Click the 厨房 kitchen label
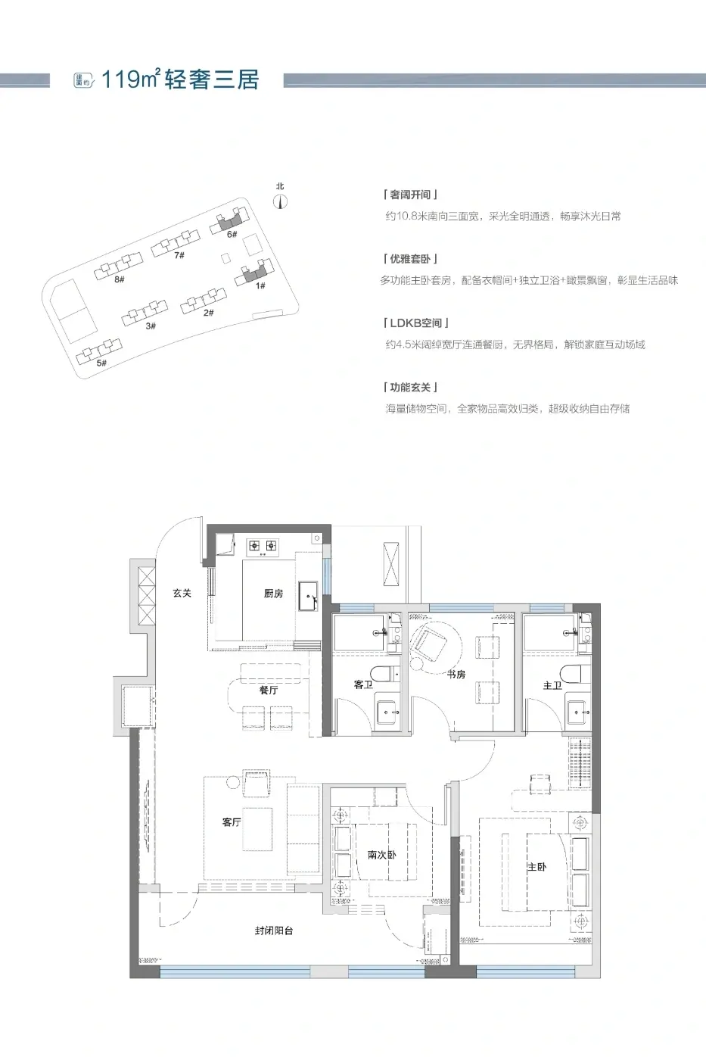point(273,594)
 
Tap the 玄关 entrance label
point(182,593)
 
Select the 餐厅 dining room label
point(269,690)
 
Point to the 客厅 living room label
point(232,822)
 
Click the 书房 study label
point(456,675)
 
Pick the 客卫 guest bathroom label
point(363,684)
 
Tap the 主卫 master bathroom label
point(552,684)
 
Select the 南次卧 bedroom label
point(381,855)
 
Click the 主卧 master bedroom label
point(537,866)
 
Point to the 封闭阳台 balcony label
point(274,931)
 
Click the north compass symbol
point(281,202)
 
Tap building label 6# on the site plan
point(232,234)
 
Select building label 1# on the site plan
point(260,285)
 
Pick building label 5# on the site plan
point(101,363)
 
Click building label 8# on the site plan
point(119,279)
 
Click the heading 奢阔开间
point(410,195)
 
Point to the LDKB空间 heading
point(416,323)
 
